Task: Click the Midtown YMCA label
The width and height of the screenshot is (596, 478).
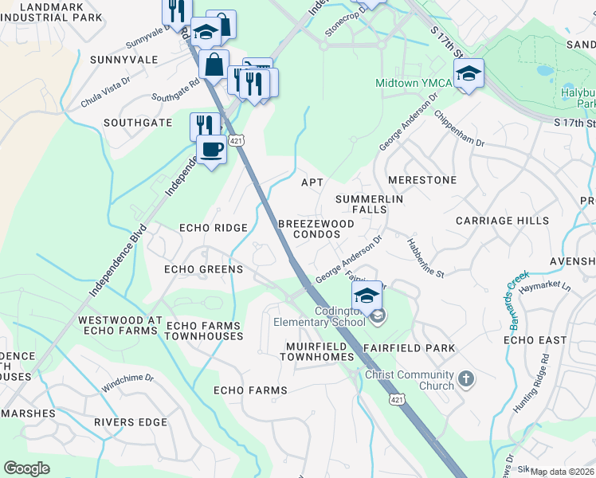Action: [414, 84]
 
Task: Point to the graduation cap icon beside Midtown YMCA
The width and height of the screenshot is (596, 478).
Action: [469, 74]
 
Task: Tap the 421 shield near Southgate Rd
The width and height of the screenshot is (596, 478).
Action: [235, 140]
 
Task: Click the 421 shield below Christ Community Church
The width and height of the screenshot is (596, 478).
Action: [395, 398]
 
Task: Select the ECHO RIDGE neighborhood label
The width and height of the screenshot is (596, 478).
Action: [214, 228]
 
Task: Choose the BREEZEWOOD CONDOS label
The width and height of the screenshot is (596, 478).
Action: [316, 229]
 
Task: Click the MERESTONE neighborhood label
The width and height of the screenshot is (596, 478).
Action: [422, 180]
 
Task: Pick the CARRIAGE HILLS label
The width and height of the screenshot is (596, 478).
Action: [502, 220]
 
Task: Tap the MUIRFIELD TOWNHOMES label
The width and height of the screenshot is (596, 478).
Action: [316, 352]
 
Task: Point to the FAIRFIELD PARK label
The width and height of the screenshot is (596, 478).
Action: [409, 348]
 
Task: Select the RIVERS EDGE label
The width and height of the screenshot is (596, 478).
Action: [130, 421]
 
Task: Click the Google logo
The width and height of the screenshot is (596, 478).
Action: [26, 468]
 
